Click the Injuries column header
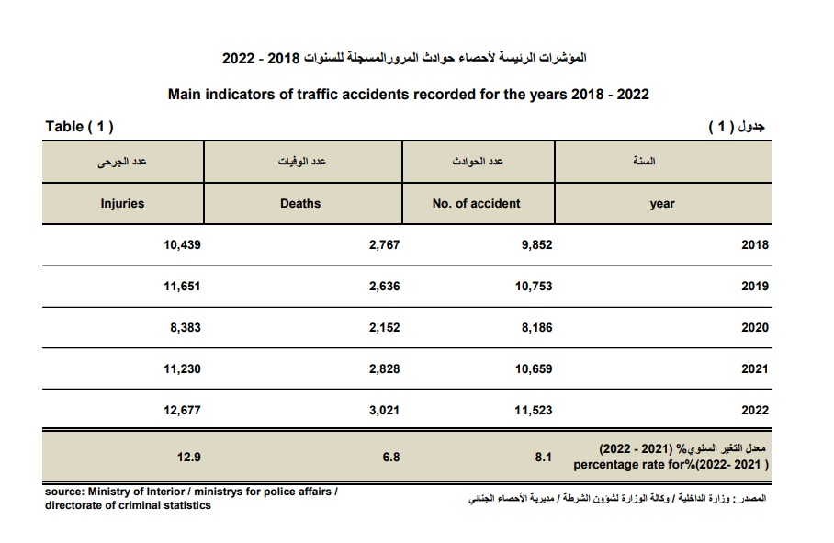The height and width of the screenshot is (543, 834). click(122, 203)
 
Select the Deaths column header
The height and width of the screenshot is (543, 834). click(300, 203)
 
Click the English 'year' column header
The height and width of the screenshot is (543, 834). click(661, 204)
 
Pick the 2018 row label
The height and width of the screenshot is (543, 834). click(754, 245)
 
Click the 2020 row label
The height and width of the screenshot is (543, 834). click(754, 328)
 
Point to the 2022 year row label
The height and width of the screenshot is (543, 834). click(754, 411)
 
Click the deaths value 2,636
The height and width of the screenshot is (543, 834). click(384, 287)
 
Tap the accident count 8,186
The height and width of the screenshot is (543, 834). click(536, 328)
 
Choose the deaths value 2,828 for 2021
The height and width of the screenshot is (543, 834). click(384, 369)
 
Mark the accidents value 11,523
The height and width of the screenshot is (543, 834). click(533, 411)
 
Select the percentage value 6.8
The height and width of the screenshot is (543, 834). click(391, 457)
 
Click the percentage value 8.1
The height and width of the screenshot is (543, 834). click(543, 457)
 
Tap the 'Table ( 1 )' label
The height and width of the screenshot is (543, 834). click(79, 127)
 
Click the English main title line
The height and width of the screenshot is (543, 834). click(409, 95)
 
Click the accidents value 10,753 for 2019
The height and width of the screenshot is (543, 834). click(533, 287)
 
